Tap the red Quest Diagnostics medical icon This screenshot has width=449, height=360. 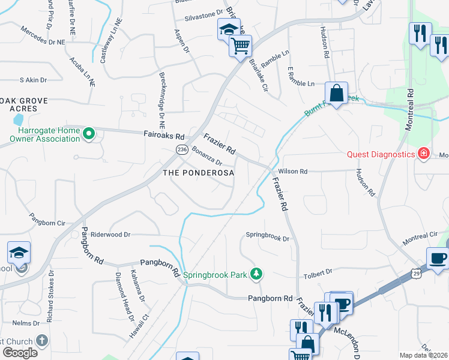pyautogui.click(x=424, y=154)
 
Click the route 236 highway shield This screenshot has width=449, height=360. pyautogui.click(x=180, y=149)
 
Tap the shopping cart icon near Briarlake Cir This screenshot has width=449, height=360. pyautogui.click(x=240, y=45)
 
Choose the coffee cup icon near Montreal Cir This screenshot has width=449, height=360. pyautogui.click(x=438, y=258)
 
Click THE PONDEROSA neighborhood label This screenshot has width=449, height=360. pyautogui.click(x=198, y=173)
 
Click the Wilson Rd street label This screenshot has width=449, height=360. pyautogui.click(x=292, y=172)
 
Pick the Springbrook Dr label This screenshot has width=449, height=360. pyautogui.click(x=268, y=238)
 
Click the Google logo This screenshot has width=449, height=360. pyautogui.click(x=20, y=352)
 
